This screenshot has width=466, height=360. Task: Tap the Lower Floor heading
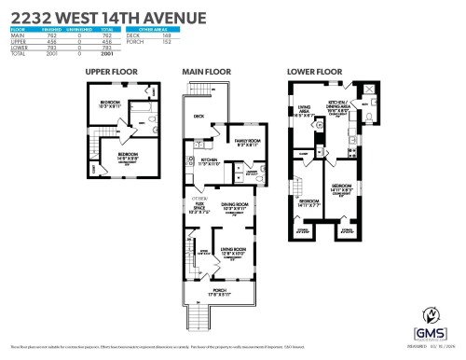click(x=319, y=71)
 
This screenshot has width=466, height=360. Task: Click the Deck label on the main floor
click(x=198, y=117)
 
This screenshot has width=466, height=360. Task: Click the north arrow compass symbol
click(x=432, y=313)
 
